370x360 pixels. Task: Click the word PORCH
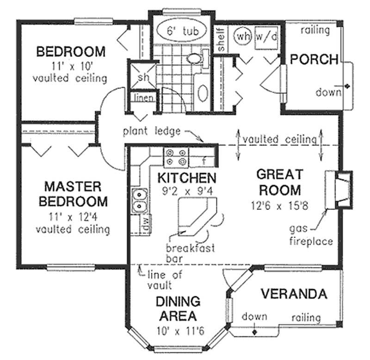pyautogui.click(x=314, y=59)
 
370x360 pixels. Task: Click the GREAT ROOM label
pyautogui.click(x=279, y=182)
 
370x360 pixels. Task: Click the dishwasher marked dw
pyautogui.click(x=145, y=224)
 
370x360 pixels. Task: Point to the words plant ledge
pyautogui.click(x=151, y=131)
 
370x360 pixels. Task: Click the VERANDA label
pyautogui.click(x=294, y=293)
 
